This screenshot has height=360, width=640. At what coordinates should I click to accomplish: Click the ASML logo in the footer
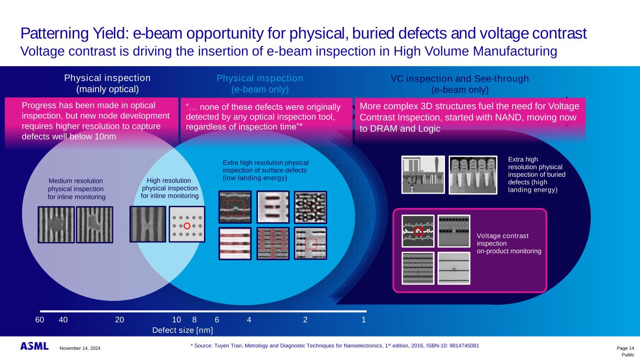click(x=34, y=346)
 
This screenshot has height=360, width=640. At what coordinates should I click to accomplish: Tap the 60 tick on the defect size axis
click(x=39, y=320)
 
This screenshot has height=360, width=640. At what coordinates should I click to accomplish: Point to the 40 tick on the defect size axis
click(x=63, y=320)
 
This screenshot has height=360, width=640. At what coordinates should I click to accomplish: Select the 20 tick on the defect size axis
click(x=120, y=320)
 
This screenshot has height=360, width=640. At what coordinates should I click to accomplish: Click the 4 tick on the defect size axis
click(x=249, y=320)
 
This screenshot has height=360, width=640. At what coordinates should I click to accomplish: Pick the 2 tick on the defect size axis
click(x=305, y=320)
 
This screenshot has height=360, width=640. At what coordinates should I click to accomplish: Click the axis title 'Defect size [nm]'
click(x=183, y=330)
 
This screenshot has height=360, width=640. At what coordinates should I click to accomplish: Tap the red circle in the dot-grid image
click(x=187, y=226)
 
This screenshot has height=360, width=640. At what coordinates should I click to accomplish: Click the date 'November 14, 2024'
click(x=80, y=348)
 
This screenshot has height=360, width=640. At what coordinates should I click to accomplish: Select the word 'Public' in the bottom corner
click(x=628, y=355)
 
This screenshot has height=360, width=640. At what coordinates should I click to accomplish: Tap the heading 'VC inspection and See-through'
click(x=459, y=79)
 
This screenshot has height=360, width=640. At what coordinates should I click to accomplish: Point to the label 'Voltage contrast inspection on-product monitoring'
click(x=508, y=243)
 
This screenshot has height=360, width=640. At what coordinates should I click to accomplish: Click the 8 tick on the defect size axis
click(x=194, y=320)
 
